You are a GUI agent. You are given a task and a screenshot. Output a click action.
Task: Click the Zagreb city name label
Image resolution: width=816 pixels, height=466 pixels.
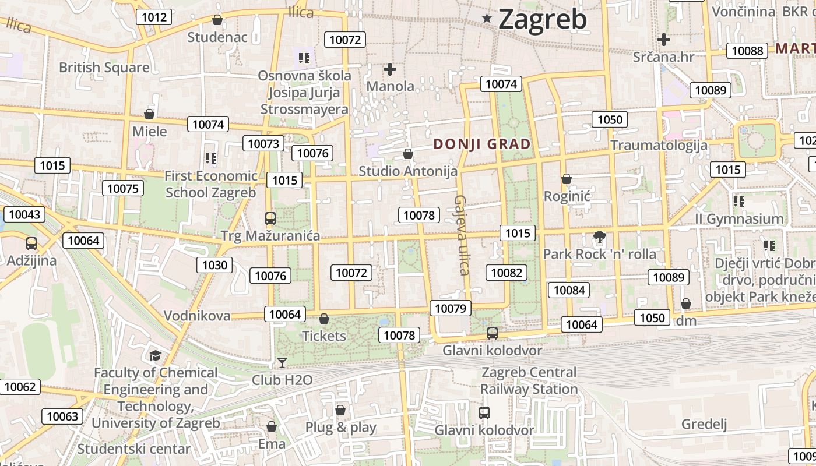(542, 19)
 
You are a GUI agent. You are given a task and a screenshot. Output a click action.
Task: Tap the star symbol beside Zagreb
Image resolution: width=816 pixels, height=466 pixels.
(487, 19)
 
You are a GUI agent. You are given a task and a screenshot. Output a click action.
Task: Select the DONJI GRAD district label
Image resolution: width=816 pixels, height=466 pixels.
(482, 144)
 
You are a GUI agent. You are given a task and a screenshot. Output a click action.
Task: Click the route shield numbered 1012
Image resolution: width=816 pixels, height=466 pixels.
(154, 17)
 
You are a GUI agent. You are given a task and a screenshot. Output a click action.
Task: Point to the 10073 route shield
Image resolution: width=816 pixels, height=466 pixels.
(263, 143)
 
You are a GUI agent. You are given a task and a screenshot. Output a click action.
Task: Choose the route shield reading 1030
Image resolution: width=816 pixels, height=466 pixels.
(214, 265)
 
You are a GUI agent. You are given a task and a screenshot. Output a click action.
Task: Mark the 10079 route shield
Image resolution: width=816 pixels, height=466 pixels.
(451, 308)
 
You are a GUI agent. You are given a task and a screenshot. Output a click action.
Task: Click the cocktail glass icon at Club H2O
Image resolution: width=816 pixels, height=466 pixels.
(282, 363)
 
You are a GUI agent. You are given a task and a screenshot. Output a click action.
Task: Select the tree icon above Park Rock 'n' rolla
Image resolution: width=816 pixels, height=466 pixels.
(599, 237)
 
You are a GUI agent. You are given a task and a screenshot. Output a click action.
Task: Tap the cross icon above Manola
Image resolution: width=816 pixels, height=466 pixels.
(390, 69)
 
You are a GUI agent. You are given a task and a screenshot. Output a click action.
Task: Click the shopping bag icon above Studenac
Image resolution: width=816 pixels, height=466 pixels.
(217, 20)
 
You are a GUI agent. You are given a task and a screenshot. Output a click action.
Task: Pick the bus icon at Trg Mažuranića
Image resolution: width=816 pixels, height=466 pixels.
(270, 218)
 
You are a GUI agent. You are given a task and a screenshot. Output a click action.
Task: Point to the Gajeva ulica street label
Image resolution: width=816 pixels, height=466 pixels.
(462, 235)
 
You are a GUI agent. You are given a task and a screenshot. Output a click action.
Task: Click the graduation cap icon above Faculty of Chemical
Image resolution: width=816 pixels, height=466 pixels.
(155, 355)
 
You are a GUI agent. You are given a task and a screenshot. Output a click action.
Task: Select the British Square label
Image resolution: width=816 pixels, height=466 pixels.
(104, 67)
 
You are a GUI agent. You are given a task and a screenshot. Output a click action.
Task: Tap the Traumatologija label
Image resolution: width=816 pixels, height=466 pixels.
(659, 145)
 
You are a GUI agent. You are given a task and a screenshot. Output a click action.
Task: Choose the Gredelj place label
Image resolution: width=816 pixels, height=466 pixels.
(704, 423)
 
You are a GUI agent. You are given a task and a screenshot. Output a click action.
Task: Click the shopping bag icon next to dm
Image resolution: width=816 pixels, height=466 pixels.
(686, 303)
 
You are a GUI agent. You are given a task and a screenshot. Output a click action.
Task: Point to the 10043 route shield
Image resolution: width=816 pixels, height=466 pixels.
(24, 214)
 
